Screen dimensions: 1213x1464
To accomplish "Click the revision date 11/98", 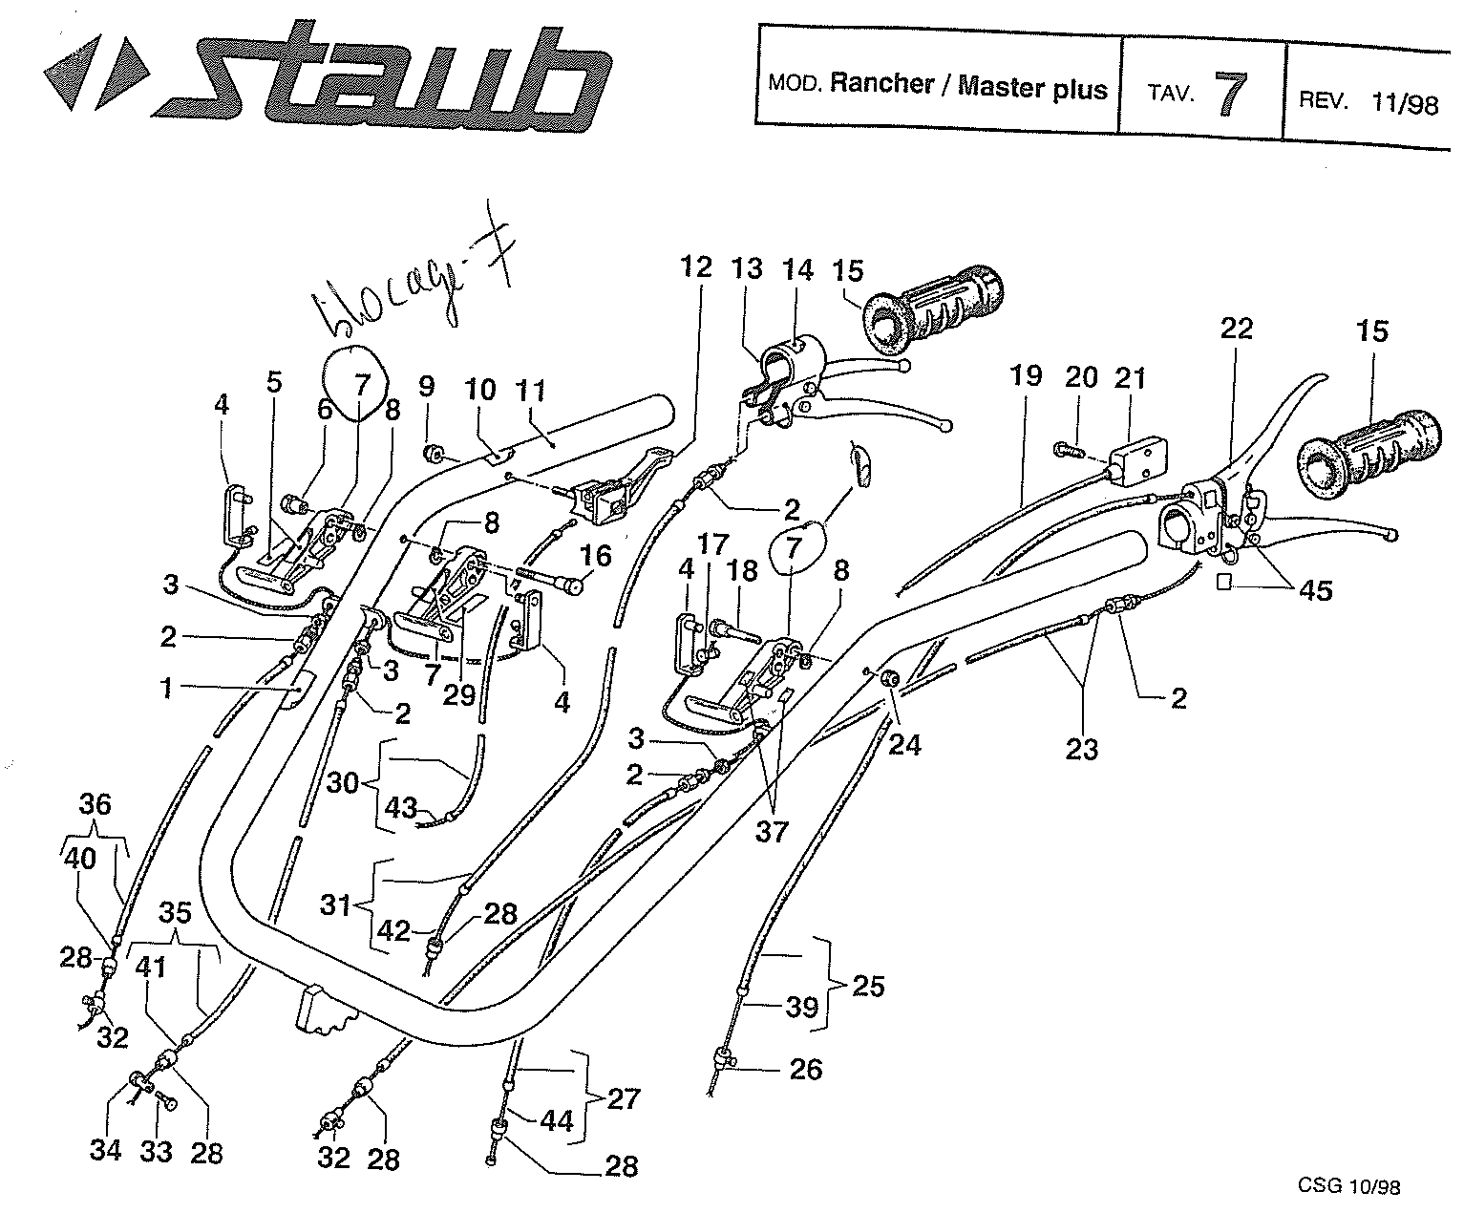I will (x=1404, y=102).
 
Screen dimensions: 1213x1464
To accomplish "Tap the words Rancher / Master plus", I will (x=967, y=86).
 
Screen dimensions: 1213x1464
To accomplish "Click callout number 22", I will (x=1237, y=330).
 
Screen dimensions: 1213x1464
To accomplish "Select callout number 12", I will (x=697, y=266).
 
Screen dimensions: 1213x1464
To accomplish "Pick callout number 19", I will (x=1027, y=375).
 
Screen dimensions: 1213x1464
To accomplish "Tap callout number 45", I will (x=1315, y=590).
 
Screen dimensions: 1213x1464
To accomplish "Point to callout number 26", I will (x=806, y=1069).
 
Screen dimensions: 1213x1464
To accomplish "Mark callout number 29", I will (x=458, y=692).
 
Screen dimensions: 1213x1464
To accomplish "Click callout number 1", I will (x=168, y=687).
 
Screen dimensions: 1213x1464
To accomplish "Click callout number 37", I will (x=772, y=832).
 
